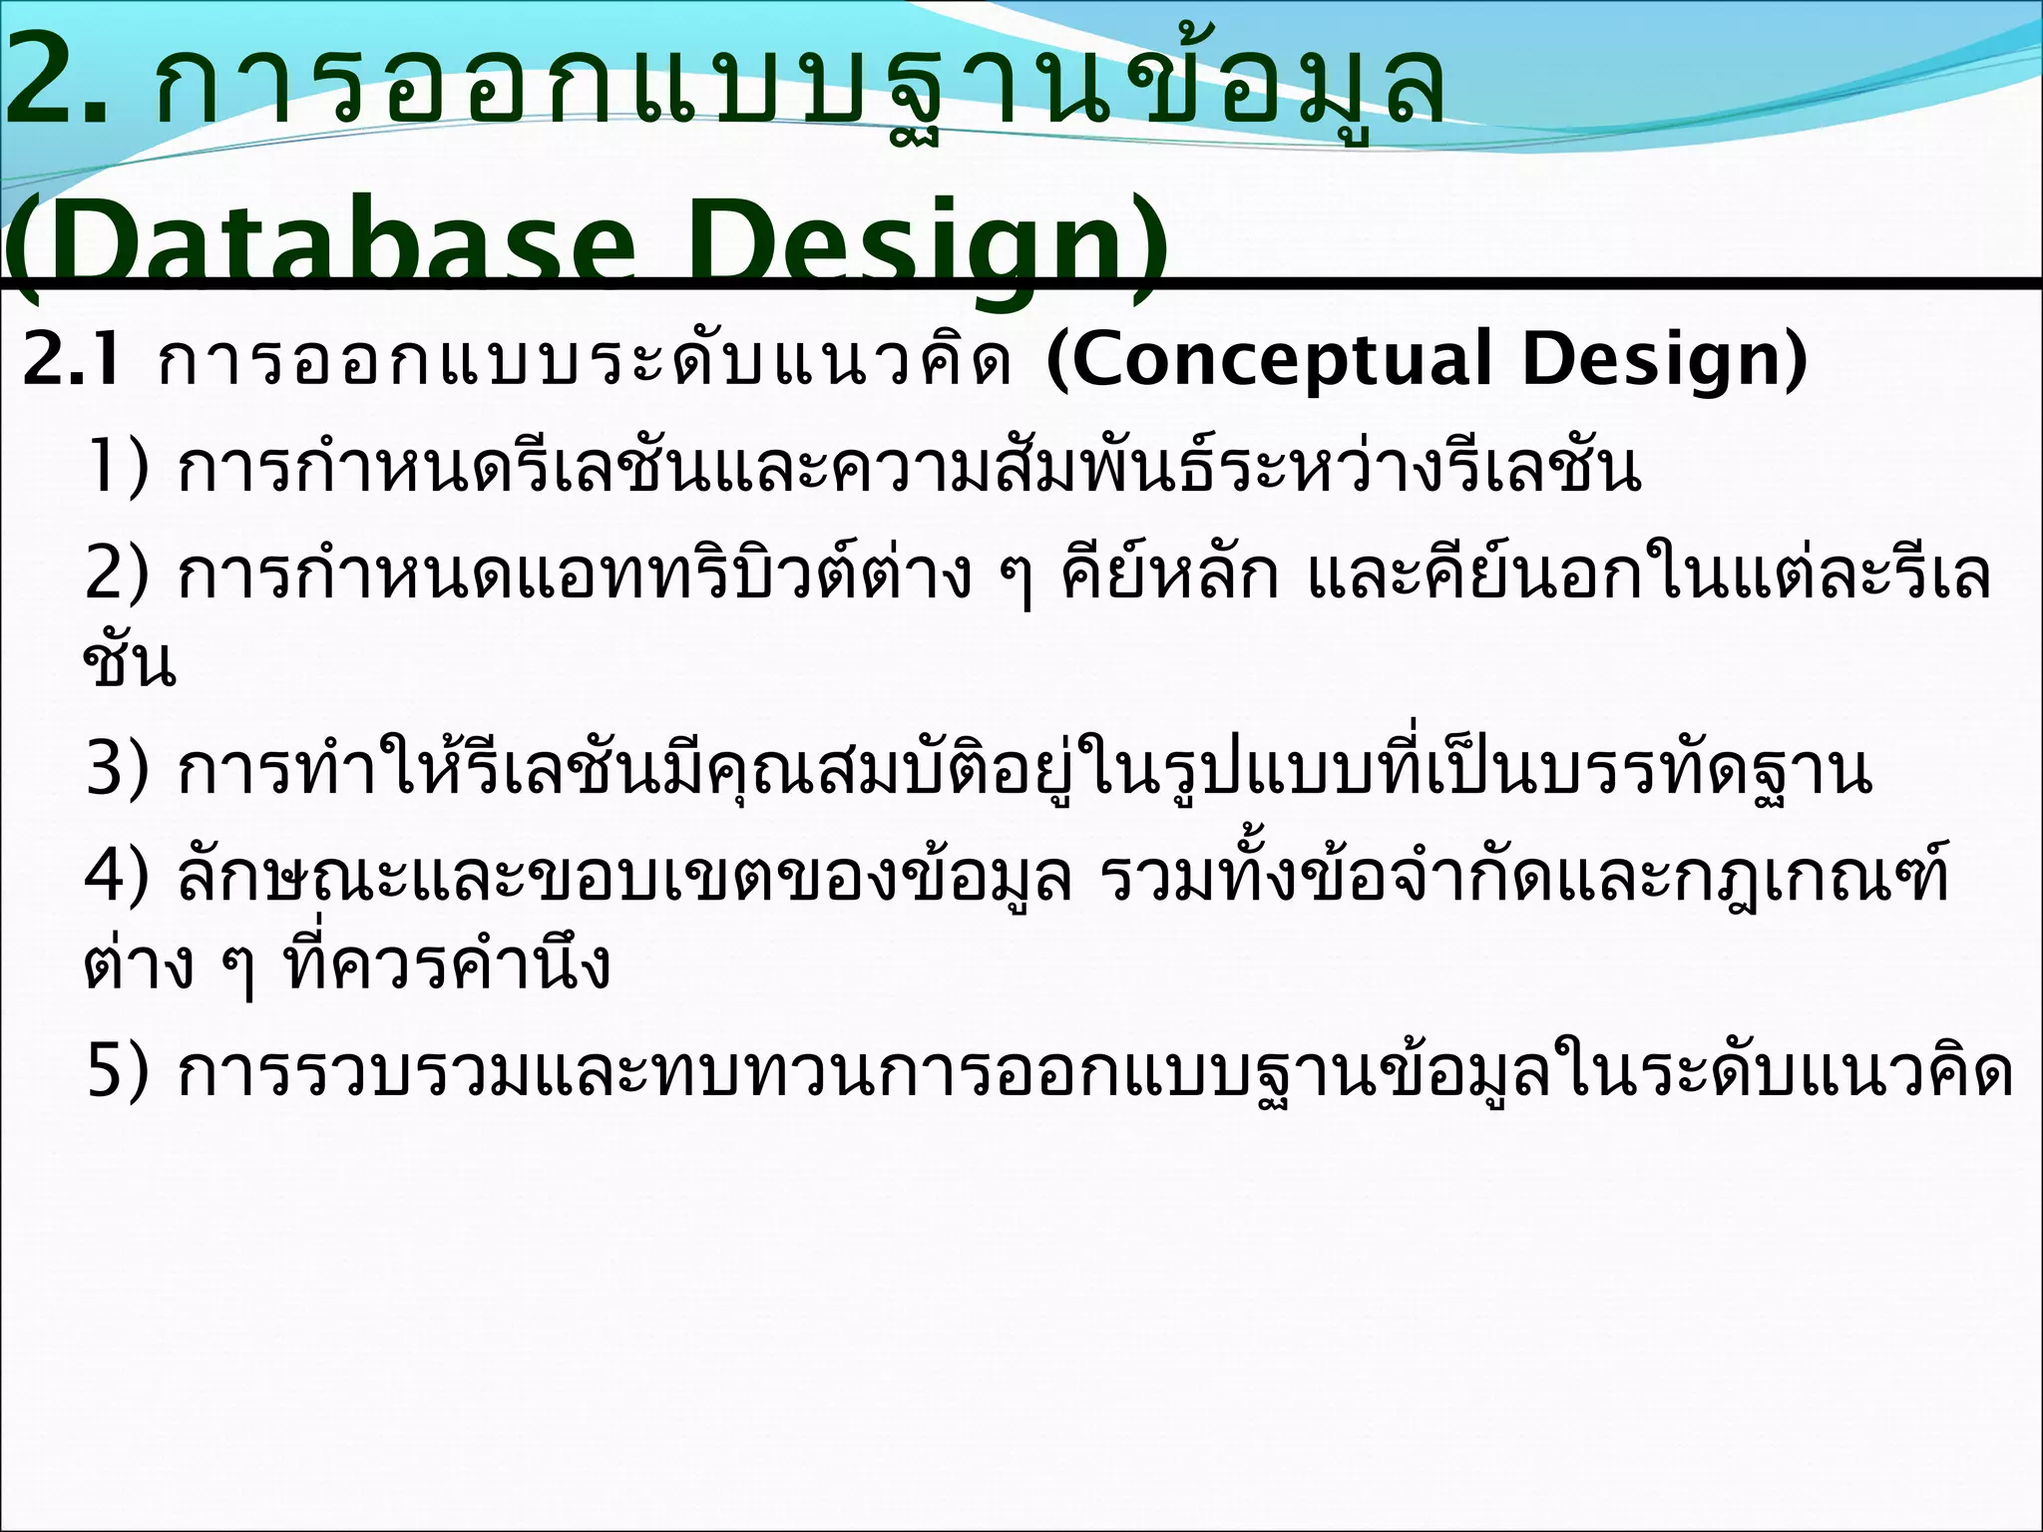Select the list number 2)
(118, 575)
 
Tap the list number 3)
(118, 769)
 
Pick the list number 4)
(118, 877)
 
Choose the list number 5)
(118, 1072)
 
